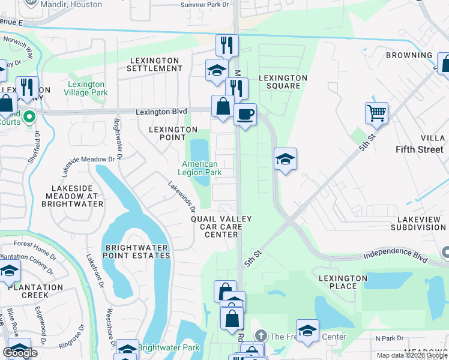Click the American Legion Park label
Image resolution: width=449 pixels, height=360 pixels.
point(200,168)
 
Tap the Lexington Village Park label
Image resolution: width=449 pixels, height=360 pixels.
point(87,88)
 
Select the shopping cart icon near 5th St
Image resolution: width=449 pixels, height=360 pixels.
point(376,112)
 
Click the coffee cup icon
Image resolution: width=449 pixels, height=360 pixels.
point(245,113)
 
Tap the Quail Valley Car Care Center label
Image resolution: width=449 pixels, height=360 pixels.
point(221,227)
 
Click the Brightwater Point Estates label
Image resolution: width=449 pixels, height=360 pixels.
point(137,251)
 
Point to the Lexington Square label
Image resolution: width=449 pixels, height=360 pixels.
point(283,82)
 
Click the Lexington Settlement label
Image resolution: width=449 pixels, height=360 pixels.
point(154,64)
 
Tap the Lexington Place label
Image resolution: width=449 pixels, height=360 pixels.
point(343,282)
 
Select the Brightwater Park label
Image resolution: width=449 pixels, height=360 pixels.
point(169,347)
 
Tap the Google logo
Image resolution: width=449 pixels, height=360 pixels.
point(20,353)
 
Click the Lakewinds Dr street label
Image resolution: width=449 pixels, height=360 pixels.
point(182,197)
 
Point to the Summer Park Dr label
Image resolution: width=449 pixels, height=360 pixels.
point(205,5)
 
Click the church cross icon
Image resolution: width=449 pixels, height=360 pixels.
point(260,335)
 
